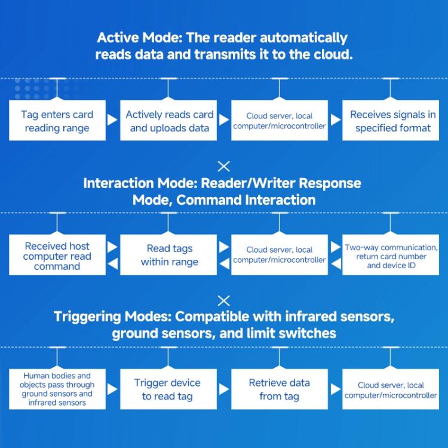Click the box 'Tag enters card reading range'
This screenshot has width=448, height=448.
(x=57, y=121)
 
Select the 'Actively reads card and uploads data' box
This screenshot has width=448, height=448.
(x=169, y=121)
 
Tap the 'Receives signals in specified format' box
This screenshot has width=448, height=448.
(x=392, y=121)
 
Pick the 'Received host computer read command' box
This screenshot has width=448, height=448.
(x=57, y=256)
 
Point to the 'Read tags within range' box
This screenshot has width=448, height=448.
(x=169, y=256)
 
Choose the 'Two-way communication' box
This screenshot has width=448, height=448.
(x=392, y=256)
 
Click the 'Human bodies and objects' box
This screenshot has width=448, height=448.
(x=57, y=389)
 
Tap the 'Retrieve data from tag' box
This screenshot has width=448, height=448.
(x=280, y=389)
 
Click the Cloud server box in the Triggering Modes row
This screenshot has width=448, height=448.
(x=392, y=389)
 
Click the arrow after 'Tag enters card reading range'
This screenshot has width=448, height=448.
(x=112, y=121)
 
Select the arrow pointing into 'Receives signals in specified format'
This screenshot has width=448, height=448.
(x=336, y=121)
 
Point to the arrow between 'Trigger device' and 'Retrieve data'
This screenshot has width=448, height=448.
(x=224, y=389)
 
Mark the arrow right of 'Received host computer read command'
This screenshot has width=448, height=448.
(x=112, y=246)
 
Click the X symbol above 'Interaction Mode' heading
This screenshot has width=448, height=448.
(x=223, y=167)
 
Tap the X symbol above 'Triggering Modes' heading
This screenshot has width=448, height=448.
(x=223, y=300)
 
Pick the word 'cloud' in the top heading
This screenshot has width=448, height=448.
(x=332, y=54)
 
